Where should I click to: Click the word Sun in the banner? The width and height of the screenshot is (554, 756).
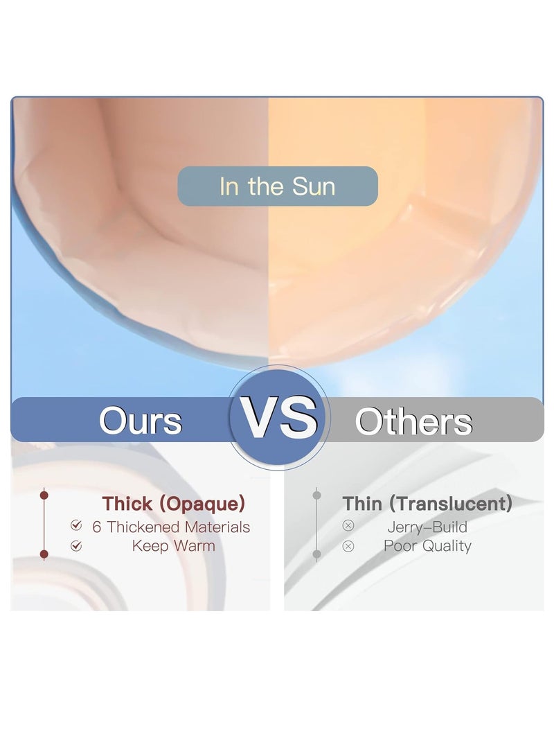[x=313, y=186]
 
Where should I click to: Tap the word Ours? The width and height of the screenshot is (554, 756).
[x=141, y=421]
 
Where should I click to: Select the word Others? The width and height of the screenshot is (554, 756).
[x=413, y=421]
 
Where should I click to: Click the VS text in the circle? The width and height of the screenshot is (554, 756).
[x=279, y=418]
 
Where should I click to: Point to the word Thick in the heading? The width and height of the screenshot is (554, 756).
[x=127, y=503]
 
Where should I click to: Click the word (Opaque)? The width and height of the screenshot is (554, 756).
[x=202, y=504]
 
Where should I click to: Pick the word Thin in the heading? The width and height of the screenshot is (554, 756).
[x=362, y=503]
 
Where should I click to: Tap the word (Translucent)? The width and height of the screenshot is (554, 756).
[x=450, y=504]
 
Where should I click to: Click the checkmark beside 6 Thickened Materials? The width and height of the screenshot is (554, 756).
[x=76, y=525]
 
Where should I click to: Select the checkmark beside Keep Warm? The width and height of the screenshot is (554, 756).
[x=76, y=546]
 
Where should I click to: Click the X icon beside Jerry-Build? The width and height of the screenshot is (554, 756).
[x=348, y=525]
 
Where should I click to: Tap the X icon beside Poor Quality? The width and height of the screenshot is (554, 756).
[x=348, y=546]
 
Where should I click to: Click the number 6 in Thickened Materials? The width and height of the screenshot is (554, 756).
[x=97, y=527]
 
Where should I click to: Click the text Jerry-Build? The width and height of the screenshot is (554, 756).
[x=427, y=527]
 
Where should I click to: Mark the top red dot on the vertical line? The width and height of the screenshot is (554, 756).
[x=44, y=495]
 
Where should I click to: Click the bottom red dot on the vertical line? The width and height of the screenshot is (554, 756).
[x=44, y=554]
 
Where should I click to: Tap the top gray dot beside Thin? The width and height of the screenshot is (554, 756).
[x=316, y=495]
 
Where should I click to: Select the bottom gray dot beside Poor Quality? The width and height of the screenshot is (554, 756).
[x=316, y=554]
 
